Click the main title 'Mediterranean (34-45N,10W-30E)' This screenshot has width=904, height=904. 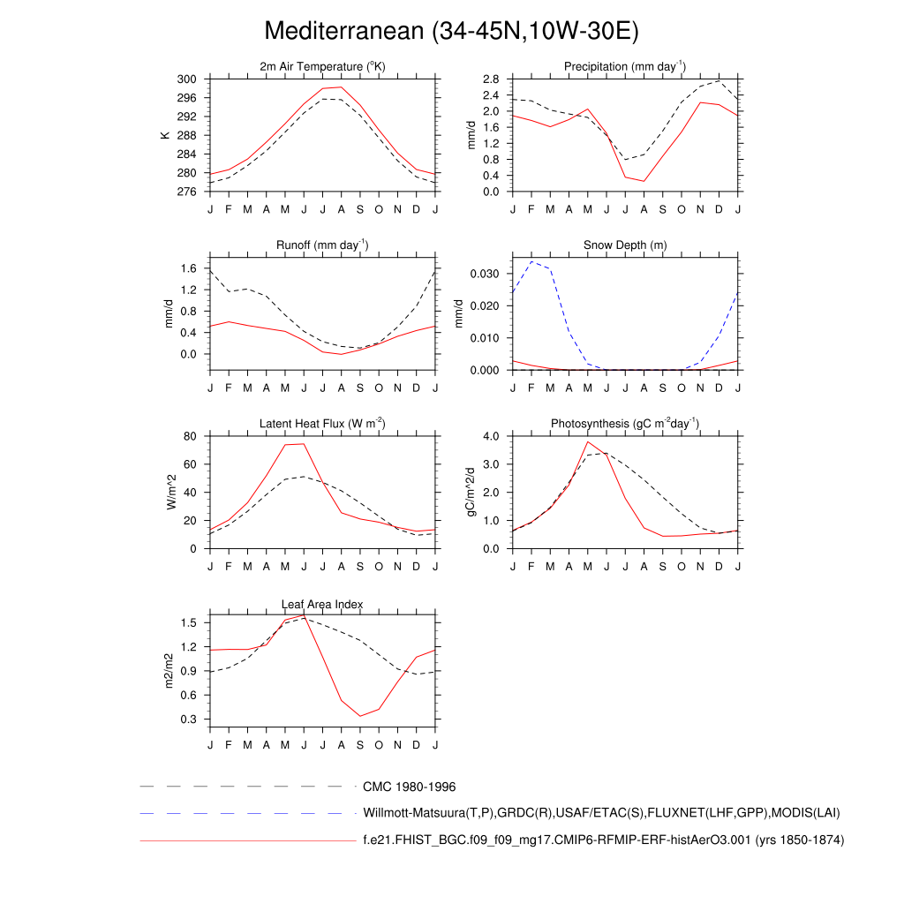(451, 32)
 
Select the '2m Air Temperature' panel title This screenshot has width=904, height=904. (323, 67)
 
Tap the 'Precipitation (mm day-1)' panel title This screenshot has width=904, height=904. (625, 66)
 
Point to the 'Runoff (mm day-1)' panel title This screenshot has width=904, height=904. (323, 245)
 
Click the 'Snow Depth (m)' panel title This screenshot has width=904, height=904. (625, 245)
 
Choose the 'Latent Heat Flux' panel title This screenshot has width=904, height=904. (323, 424)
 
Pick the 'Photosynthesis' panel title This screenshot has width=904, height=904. (625, 424)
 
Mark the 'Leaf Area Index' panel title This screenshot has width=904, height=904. (323, 604)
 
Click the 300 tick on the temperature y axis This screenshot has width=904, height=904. (186, 79)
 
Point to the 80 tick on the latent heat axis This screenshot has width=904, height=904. (188, 436)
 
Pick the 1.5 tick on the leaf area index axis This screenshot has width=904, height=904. (188, 622)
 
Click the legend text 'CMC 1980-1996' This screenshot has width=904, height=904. (409, 787)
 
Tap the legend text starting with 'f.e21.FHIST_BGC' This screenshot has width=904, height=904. (603, 840)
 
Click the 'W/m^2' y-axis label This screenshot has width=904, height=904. (172, 492)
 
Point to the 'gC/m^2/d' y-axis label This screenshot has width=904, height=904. (473, 492)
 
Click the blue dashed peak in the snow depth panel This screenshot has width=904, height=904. (531, 261)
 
